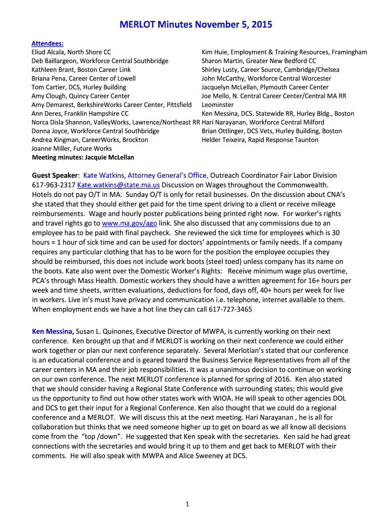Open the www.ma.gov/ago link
pyautogui.click(x=129, y=223)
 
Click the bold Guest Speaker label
pyautogui.click(x=56, y=175)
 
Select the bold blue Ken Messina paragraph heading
pyautogui.click(x=53, y=331)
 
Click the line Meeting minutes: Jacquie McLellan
pyautogui.click(x=83, y=157)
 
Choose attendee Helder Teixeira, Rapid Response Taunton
pyautogui.click(x=260, y=140)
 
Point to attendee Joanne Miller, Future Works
pyautogui.click(x=72, y=148)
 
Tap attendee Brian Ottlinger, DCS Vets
pyautogui.click(x=271, y=131)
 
